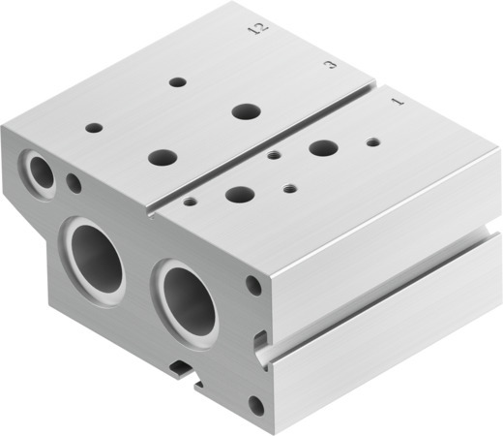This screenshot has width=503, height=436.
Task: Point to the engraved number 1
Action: coord(396,101)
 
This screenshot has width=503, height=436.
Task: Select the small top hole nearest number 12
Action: coord(177,82)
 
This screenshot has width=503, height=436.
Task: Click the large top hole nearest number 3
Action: coord(245,110)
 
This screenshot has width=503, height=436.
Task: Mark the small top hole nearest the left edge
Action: coord(94,127)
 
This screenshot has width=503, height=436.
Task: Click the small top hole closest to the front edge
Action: coord(190,202)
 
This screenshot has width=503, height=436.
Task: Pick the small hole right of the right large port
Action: coord(253,285)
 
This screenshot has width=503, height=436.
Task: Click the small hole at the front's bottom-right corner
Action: coord(255,403)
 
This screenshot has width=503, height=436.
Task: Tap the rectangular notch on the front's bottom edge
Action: coord(183,366)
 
